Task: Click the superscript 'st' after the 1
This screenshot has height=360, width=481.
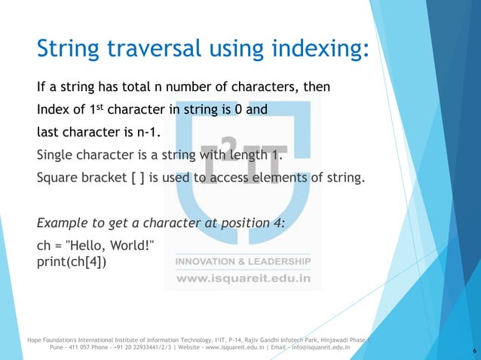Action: click(106, 108)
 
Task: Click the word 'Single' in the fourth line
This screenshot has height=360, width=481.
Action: click(55, 156)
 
